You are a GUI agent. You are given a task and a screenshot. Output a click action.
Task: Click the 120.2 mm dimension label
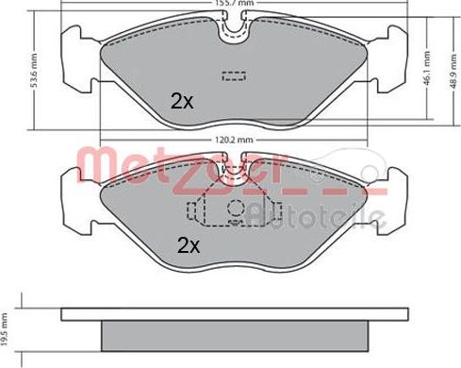tap(230, 142)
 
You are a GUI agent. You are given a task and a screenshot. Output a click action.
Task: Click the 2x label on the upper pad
tap(181, 101)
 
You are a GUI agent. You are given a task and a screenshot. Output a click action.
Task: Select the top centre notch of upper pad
tap(231, 28)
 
